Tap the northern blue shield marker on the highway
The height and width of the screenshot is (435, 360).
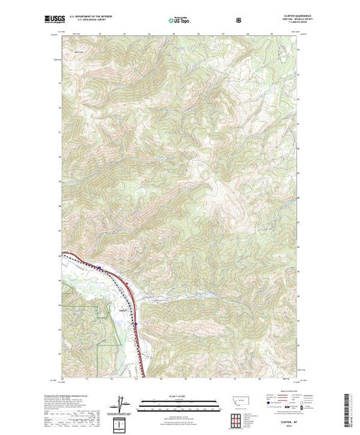click(x=100, y=268)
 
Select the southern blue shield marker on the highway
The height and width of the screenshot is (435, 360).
click(x=136, y=323)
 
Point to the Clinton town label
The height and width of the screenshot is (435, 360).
click(x=122, y=310)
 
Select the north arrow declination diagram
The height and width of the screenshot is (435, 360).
click(x=123, y=404)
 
